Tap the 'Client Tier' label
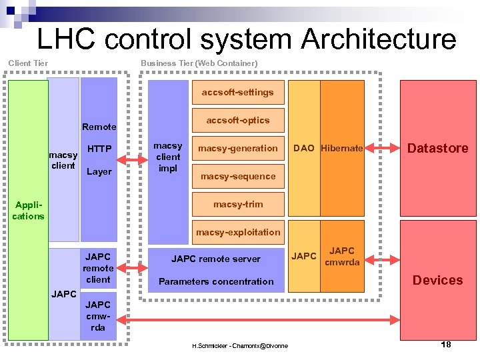click(28, 63)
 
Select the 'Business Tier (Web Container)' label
click(199, 63)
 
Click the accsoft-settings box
click(238, 92)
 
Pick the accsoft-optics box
click(238, 121)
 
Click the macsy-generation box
click(238, 148)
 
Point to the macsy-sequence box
click(238, 176)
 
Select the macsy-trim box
click(238, 204)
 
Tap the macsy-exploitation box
click(238, 232)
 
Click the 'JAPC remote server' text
click(216, 259)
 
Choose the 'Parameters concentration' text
click(216, 281)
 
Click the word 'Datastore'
click(438, 148)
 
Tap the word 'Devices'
click(438, 280)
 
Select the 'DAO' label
click(304, 148)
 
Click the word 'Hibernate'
click(342, 148)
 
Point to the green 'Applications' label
click(28, 210)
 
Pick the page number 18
click(446, 345)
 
